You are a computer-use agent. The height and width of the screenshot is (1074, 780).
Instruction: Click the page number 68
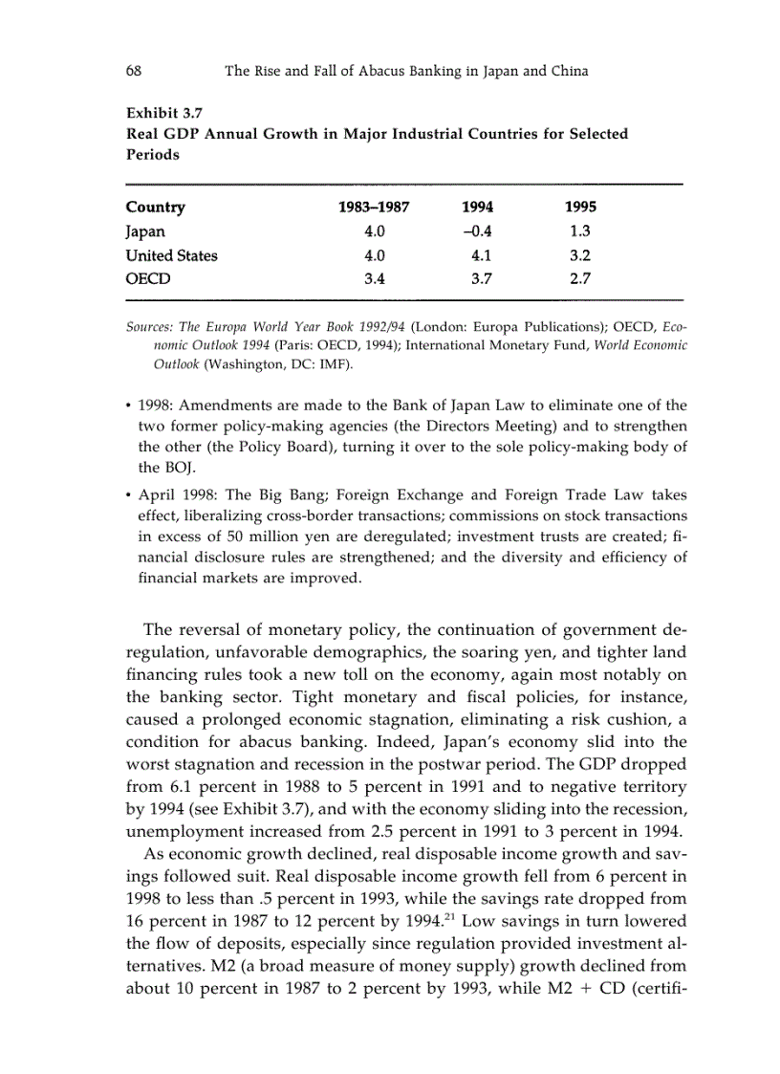point(134,71)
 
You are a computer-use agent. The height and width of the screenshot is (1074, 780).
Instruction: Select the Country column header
point(155,208)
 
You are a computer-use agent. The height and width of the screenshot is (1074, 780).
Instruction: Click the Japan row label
point(145,231)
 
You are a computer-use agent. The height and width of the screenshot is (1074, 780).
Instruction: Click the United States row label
point(171,255)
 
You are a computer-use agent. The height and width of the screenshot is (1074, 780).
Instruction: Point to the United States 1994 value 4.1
point(480,255)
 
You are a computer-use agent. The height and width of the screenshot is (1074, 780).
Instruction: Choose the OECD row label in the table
point(147,279)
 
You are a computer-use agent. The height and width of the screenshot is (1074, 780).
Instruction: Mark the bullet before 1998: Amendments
point(129,405)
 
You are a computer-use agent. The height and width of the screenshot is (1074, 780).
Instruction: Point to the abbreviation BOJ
point(155,469)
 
